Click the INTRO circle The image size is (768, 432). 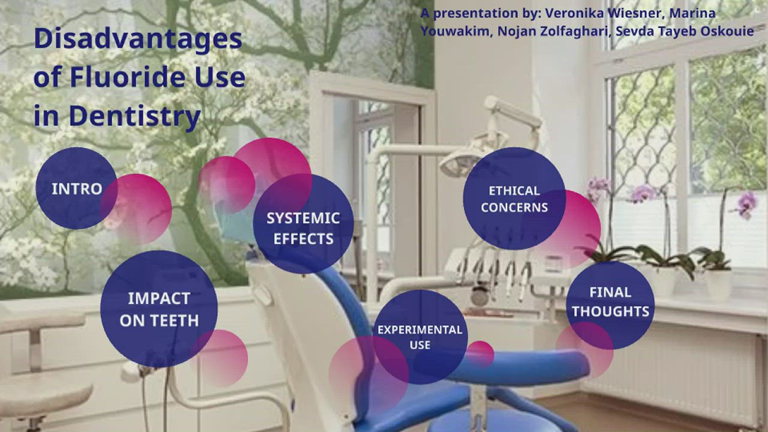coord(76,188)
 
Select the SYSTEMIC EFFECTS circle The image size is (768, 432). coord(303,228)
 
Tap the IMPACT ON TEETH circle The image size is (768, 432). coord(158,309)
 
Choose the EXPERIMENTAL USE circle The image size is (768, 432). coord(419,337)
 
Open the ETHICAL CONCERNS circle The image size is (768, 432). coord(514,199)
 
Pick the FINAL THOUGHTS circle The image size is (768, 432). coord(610,302)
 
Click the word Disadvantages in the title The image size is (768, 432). coord(138,39)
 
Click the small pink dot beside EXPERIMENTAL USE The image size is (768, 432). coord(481,353)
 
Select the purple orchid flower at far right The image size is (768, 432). coord(746,205)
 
